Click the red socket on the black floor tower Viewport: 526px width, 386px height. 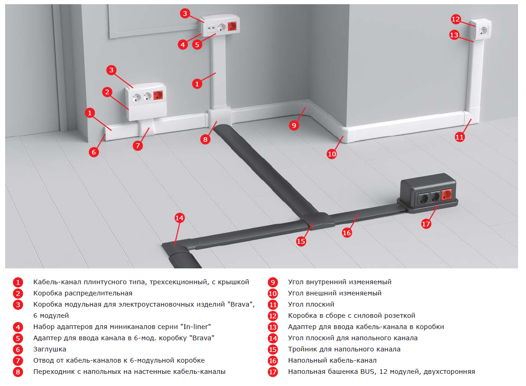pos(447,195)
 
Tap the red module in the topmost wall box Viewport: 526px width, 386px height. pos(232,26)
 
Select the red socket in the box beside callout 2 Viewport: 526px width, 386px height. pos(158,95)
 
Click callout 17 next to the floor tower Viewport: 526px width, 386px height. pos(426,224)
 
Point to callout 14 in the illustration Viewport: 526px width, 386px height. pos(180,218)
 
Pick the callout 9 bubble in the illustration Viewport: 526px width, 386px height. pos(294,126)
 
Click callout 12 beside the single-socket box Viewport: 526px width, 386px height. pos(456,19)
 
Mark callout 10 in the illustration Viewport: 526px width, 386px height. pos(332,154)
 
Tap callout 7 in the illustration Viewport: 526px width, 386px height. pos(138,146)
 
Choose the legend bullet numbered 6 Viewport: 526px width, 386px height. pos(18,350)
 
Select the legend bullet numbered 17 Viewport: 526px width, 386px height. pos(273,372)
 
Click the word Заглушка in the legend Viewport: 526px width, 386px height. pos(49,349)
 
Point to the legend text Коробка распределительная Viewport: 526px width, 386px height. pos(83,294)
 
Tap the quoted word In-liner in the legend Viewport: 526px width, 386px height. pos(196,327)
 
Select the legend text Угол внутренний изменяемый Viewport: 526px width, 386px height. pos(340,282)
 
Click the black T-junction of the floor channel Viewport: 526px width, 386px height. pos(317,221)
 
